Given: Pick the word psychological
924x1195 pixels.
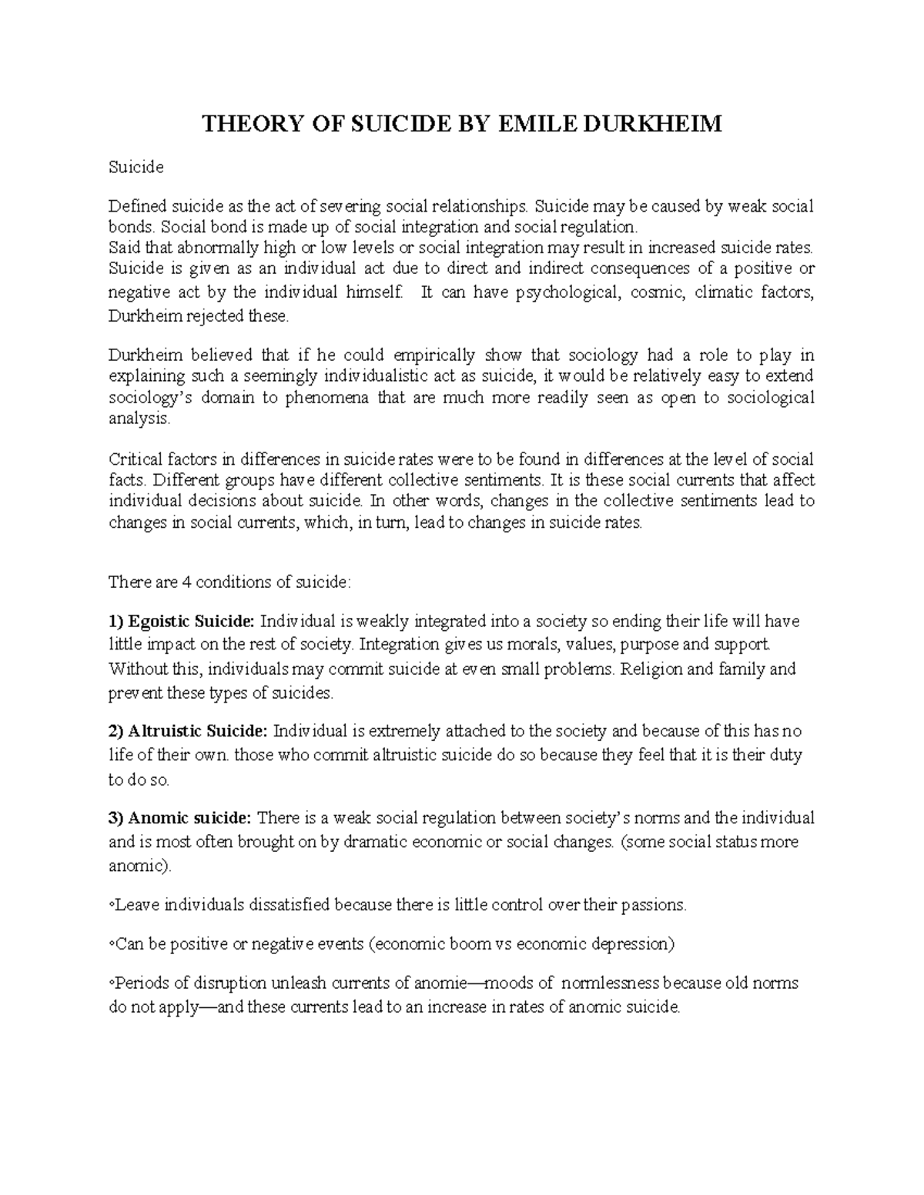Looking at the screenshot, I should (566, 292).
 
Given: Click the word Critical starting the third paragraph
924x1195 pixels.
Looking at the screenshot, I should (134, 459).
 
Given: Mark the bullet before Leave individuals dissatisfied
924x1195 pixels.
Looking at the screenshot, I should (112, 906).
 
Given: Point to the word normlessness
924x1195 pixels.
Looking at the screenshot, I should (611, 983).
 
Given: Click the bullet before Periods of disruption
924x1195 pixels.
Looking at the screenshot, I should (112, 984).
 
